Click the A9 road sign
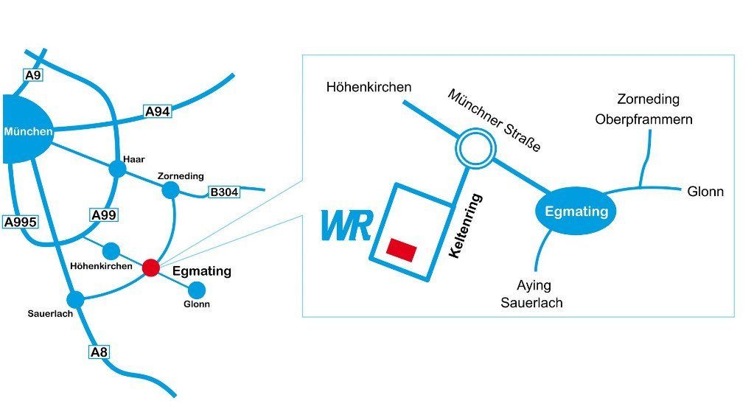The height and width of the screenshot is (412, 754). pyautogui.click(x=33, y=75)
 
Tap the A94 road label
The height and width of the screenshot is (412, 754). pyautogui.click(x=158, y=111)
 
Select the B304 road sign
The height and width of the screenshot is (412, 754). pyautogui.click(x=224, y=192)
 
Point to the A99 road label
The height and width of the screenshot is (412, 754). pyautogui.click(x=104, y=215)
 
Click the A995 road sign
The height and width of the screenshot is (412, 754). pyautogui.click(x=21, y=222)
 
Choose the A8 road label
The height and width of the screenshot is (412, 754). pyautogui.click(x=99, y=352)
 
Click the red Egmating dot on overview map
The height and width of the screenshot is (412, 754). pyautogui.click(x=151, y=268)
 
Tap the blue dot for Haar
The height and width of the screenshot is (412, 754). pyautogui.click(x=117, y=169)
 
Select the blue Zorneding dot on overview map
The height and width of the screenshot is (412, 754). pyautogui.click(x=170, y=190)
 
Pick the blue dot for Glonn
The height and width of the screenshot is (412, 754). pyautogui.click(x=197, y=290)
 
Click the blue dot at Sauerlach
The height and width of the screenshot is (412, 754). pyautogui.click(x=75, y=299)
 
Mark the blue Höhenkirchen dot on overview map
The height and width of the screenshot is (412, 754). pyautogui.click(x=111, y=251)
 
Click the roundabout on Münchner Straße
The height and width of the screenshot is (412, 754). pyautogui.click(x=475, y=148)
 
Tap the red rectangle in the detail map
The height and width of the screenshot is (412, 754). pyautogui.click(x=402, y=250)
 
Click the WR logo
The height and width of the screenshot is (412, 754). pyautogui.click(x=346, y=225)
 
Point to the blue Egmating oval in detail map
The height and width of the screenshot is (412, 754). pyautogui.click(x=576, y=211)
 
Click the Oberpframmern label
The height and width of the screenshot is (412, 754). pyautogui.click(x=644, y=119)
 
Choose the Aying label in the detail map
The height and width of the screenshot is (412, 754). pyautogui.click(x=534, y=285)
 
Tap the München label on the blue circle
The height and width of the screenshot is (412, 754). pyautogui.click(x=28, y=131)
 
